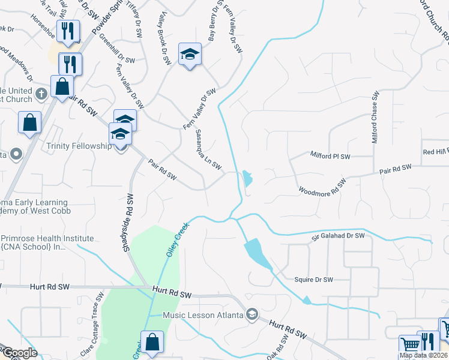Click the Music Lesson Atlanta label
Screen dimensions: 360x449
pyautogui.click(x=203, y=315)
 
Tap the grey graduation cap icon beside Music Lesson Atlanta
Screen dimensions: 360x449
pyautogui.click(x=252, y=314)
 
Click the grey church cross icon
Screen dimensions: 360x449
pyautogui.click(x=41, y=94)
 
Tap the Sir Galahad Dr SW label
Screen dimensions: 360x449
pyautogui.click(x=338, y=236)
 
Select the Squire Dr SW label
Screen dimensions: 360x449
pyautogui.click(x=313, y=280)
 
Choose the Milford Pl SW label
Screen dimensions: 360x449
pyautogui.click(x=330, y=156)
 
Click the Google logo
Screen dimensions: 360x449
pyautogui.click(x=20, y=353)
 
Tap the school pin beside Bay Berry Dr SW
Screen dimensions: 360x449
pyautogui.click(x=190, y=55)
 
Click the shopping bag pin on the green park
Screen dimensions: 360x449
pyautogui.click(x=153, y=343)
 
